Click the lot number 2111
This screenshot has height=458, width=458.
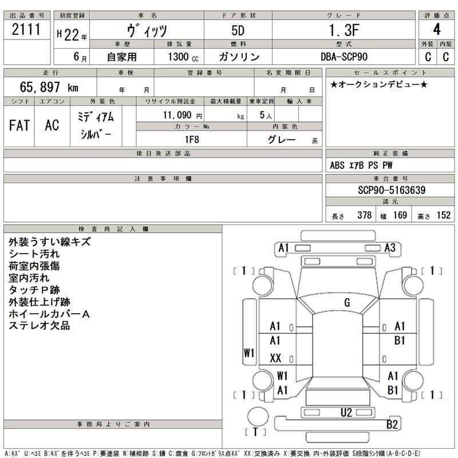point(27,30)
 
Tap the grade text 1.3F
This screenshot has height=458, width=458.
point(344,30)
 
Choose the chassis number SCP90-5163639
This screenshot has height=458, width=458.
point(389,189)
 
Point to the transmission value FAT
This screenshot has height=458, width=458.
point(19,125)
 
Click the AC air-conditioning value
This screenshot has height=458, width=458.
point(52,125)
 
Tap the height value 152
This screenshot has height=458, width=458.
point(443,216)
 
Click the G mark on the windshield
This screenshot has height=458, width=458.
point(347,302)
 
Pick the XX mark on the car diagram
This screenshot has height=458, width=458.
point(275,358)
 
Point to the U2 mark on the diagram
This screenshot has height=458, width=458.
point(346,412)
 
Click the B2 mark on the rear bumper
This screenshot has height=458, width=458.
point(392,424)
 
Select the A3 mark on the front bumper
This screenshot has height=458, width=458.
point(390,248)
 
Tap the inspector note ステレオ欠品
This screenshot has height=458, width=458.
point(40,326)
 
